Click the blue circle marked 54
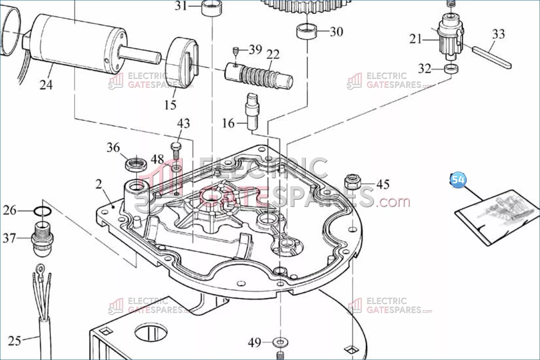458,180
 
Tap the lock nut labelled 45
353,182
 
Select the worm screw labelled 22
259,75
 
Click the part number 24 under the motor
46,85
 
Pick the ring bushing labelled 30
307,31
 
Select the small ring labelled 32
451,69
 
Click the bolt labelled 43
176,151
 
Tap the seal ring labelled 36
136,165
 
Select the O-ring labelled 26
42,211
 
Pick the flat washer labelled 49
280,342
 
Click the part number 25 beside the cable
14,341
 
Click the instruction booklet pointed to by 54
497,217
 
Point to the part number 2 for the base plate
99,184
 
